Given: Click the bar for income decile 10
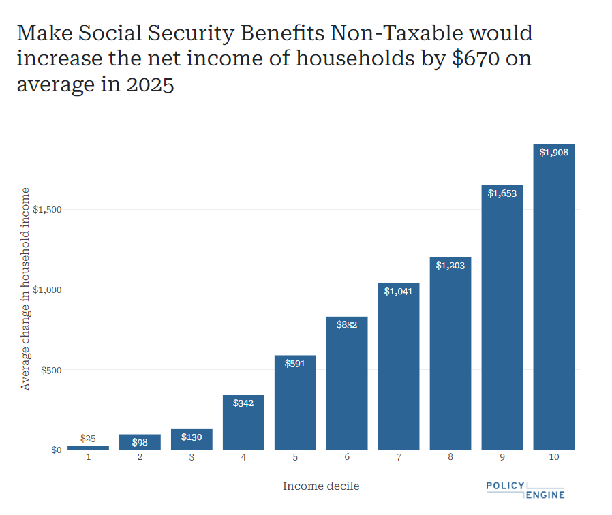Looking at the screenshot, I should [x=553, y=300].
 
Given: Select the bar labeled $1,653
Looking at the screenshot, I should [x=502, y=320].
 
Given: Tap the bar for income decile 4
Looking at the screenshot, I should [x=243, y=426].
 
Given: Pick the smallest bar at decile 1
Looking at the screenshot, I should [x=88, y=448].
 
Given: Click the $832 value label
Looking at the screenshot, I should [x=347, y=325].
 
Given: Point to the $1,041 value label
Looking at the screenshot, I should [x=399, y=292].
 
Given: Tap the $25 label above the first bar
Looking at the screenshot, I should [x=88, y=438].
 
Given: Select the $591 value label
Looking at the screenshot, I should [x=295, y=364].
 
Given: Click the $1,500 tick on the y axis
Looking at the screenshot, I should [x=47, y=209].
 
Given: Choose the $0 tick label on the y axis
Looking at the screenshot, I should [x=57, y=450].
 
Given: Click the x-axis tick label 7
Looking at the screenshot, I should [x=399, y=457].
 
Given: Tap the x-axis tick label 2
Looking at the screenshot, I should [x=140, y=457].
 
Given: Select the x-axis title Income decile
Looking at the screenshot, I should [x=321, y=486].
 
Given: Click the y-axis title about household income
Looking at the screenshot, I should [x=26, y=288].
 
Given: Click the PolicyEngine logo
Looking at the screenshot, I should [x=525, y=490].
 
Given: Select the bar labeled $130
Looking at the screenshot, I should [x=192, y=440].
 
